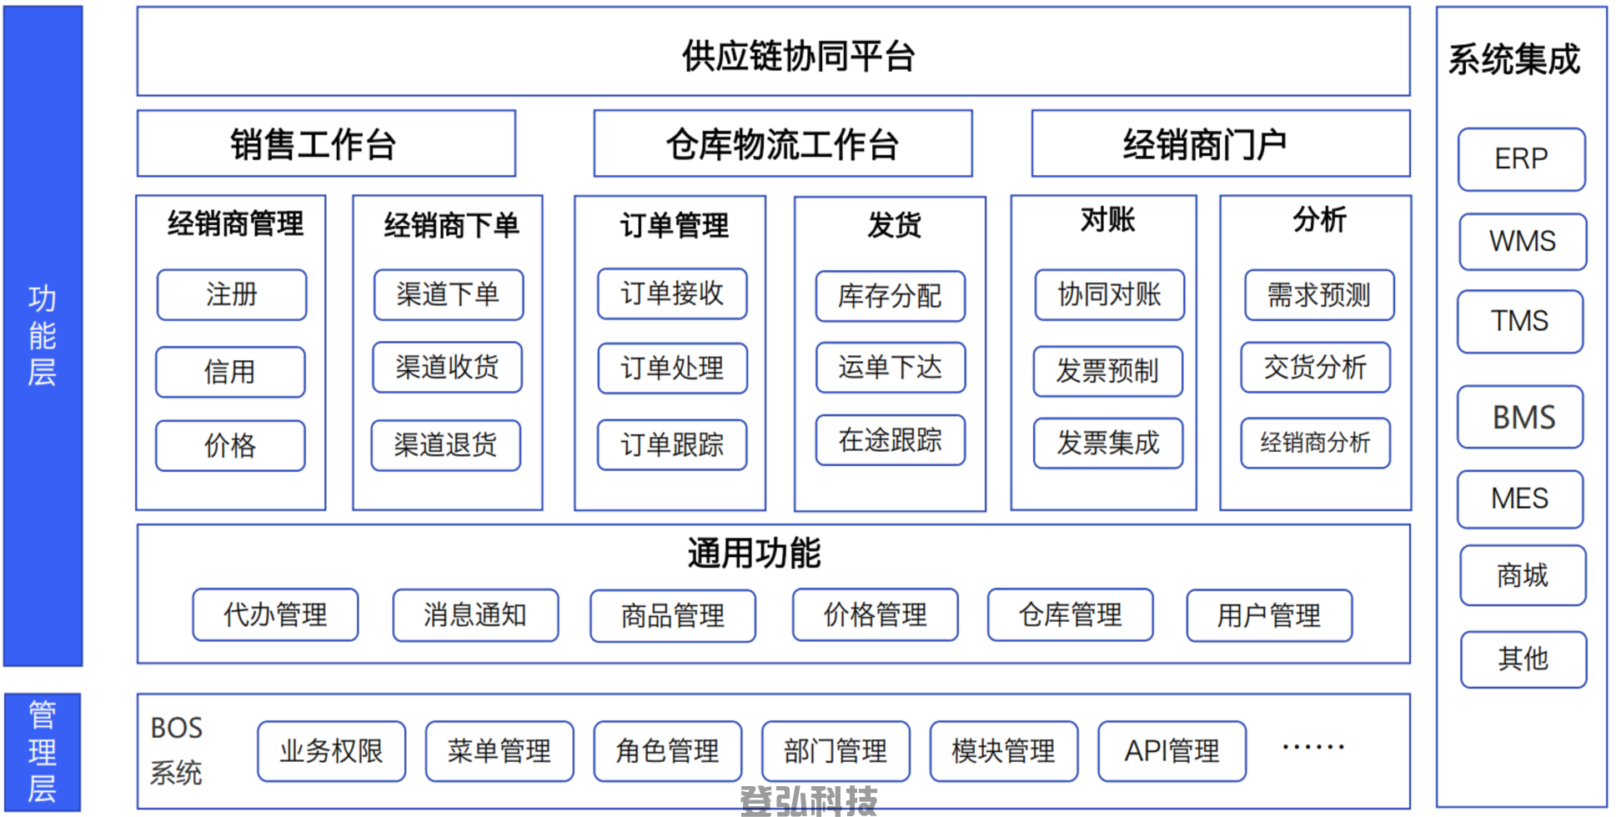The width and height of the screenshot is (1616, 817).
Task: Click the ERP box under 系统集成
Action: [1521, 159]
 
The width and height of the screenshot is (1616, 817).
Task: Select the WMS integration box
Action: [1523, 242]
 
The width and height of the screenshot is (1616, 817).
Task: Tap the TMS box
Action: [1520, 321]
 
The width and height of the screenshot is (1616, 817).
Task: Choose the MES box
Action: [1520, 499]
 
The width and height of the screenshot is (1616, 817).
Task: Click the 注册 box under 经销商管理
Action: [232, 294]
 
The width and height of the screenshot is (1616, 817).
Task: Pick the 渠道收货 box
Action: [447, 367]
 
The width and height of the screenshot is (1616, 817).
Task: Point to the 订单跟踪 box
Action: [672, 444]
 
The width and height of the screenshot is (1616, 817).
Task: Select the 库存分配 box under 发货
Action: [890, 296]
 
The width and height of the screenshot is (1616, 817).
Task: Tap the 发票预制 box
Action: [1107, 371]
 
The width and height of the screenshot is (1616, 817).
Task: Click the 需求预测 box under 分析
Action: [1319, 294]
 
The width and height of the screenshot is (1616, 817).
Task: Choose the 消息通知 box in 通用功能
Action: [475, 615]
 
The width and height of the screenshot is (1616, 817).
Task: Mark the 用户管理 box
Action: [1269, 615]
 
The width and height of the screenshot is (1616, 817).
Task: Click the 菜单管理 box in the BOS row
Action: [499, 751]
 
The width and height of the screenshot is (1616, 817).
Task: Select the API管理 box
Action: [1172, 751]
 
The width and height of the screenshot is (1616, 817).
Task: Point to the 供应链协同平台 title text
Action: [799, 57]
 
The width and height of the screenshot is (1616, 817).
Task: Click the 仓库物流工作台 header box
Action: [782, 143]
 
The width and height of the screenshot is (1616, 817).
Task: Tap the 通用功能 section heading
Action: [754, 553]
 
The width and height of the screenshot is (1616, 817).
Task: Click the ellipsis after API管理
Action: [1313, 747]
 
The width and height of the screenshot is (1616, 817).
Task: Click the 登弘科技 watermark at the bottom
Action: [808, 801]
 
